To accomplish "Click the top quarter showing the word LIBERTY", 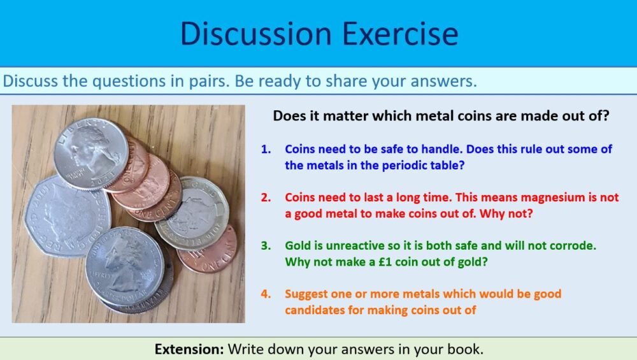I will (89, 153).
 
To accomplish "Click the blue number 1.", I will (266, 149).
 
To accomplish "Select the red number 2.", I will (266, 198).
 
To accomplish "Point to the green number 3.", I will (266, 245).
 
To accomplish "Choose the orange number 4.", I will (266, 294).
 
